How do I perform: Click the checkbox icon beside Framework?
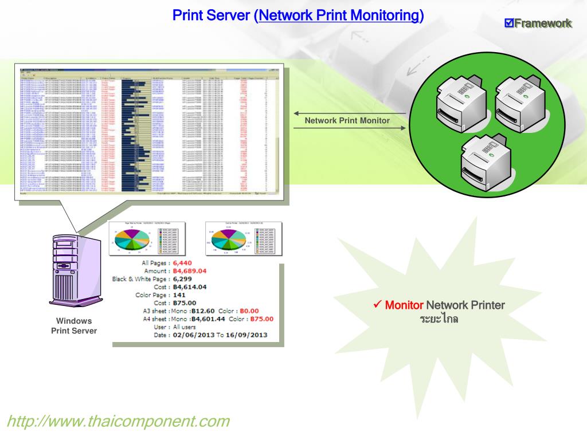509,23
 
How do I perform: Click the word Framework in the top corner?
543,23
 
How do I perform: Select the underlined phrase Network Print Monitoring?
339,15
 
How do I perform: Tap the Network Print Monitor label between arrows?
347,121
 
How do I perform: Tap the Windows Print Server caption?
74,326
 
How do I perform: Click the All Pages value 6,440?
185,263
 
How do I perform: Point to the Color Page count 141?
180,295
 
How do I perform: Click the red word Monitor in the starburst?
404,305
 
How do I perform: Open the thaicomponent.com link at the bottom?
118,422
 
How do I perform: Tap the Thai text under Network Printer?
439,318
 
